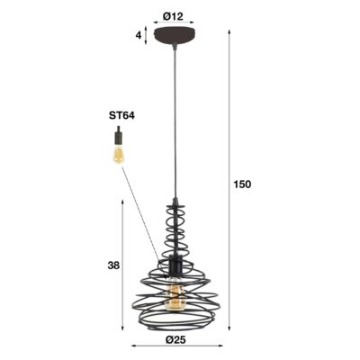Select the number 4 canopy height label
point(138,36)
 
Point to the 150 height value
point(242,184)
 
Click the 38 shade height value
point(112,265)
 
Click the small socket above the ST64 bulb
point(117,135)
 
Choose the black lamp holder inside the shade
point(175,267)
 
